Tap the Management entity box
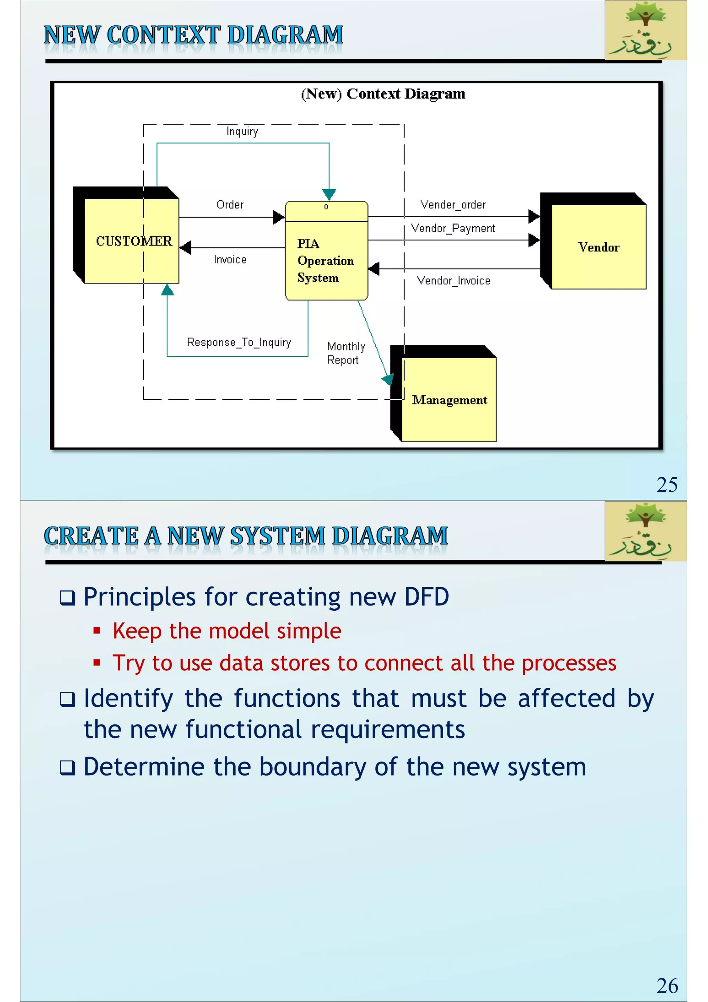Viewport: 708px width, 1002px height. pyautogui.click(x=449, y=400)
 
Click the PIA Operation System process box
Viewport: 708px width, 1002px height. pyautogui.click(x=326, y=260)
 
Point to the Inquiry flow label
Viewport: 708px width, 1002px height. pyautogui.click(x=242, y=131)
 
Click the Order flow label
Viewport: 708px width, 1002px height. pyautogui.click(x=230, y=205)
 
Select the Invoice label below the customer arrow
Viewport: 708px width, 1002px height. pyautogui.click(x=230, y=259)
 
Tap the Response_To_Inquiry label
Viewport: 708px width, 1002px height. pyautogui.click(x=239, y=342)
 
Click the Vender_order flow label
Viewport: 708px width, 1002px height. pyautogui.click(x=453, y=205)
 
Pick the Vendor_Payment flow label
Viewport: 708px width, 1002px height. pyautogui.click(x=453, y=228)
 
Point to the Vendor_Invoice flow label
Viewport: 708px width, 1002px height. pyautogui.click(x=454, y=281)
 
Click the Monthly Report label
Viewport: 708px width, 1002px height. pyautogui.click(x=345, y=353)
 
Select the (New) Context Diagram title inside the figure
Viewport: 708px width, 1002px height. pyautogui.click(x=383, y=94)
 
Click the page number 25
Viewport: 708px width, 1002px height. pyautogui.click(x=667, y=485)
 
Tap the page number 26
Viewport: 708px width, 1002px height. pyautogui.click(x=667, y=986)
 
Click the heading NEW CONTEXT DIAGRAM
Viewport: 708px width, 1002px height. pyautogui.click(x=194, y=35)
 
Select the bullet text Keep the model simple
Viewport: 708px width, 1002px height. pyautogui.click(x=227, y=631)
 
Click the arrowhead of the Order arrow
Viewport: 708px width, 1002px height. pyautogui.click(x=279, y=217)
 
